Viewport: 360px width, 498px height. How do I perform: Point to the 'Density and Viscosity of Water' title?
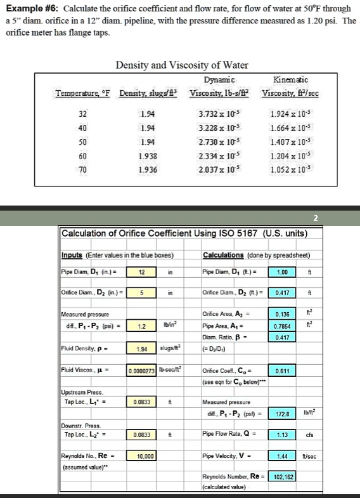tap(182, 66)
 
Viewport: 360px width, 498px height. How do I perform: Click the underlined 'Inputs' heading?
tap(73, 256)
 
